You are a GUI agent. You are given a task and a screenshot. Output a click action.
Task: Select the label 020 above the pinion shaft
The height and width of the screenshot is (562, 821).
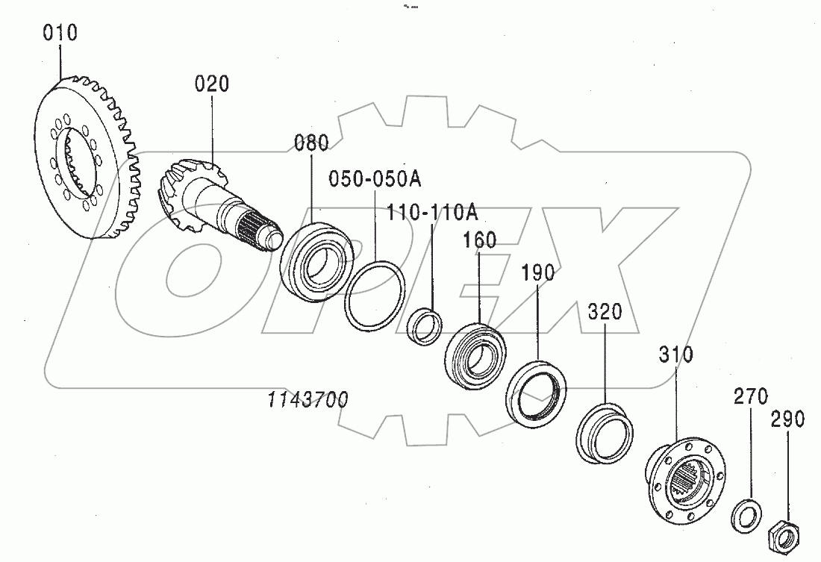point(212,84)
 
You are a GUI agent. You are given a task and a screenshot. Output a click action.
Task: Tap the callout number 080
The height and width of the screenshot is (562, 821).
point(310,142)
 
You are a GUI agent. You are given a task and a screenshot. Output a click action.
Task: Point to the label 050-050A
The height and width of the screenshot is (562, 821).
point(375,179)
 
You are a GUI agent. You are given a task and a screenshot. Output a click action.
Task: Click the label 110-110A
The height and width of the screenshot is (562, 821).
point(432,213)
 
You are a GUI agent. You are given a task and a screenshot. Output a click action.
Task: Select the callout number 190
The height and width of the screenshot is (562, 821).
point(537,272)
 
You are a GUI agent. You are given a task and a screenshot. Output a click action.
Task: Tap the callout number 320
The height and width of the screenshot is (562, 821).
point(605,311)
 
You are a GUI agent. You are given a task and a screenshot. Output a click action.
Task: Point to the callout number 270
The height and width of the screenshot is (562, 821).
point(749,396)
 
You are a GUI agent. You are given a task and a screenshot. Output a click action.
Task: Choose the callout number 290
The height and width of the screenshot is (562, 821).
point(788,419)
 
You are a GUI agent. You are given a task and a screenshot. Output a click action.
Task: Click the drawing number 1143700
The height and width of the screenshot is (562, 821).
point(308,400)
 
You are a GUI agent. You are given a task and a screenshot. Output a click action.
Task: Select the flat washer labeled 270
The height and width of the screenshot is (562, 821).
point(744,514)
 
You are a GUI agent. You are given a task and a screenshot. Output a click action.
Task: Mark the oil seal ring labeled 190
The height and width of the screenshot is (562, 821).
point(535,393)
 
